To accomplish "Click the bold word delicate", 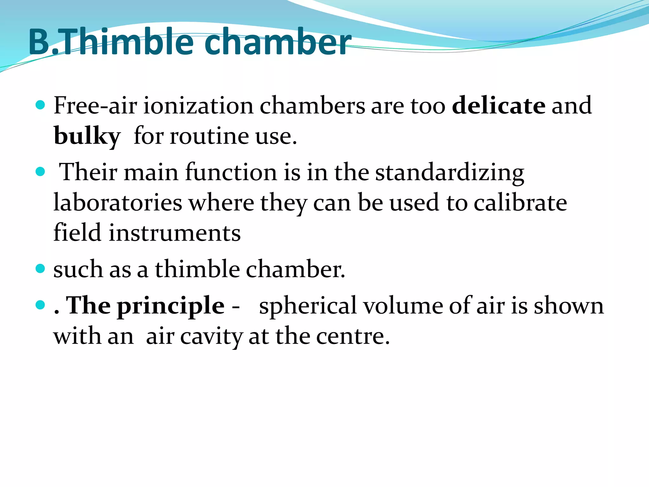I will point(498,105).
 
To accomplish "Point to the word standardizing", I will point(450,173).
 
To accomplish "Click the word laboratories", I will point(118,203).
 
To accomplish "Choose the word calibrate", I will point(520,203).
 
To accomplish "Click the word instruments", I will point(175,233).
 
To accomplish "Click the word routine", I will point(209,136).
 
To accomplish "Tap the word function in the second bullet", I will point(231,173).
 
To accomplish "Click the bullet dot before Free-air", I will point(40,105).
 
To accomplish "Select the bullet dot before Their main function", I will point(40,172).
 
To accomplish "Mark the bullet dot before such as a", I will point(40,269).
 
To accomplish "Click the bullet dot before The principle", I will point(40,305).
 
